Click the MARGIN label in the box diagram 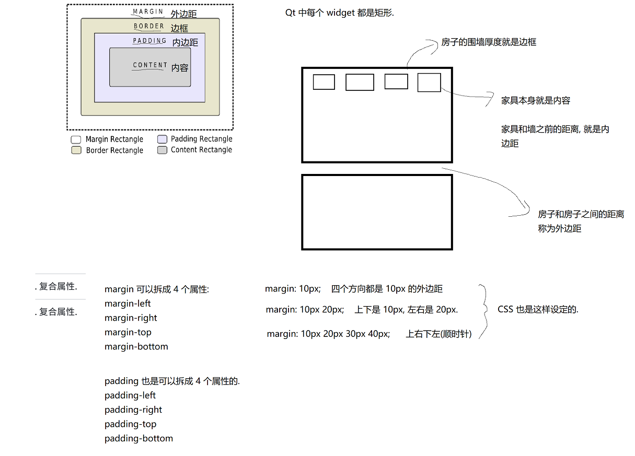[148, 11]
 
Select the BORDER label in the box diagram [149, 26]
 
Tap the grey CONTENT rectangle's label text [150, 65]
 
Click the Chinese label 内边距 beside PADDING [186, 42]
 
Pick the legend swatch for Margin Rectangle [76, 139]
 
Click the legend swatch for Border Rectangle [76, 150]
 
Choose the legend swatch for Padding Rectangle [162, 139]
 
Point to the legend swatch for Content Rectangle [162, 150]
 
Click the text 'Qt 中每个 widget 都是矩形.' [339, 13]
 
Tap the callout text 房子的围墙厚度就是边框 [489, 42]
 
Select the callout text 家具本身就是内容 [536, 101]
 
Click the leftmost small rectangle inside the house [324, 82]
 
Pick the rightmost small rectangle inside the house [429, 83]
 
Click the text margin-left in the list [128, 303]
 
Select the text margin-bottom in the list [136, 346]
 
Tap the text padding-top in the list [131, 424]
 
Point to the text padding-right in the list [133, 410]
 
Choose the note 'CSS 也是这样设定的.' [538, 309]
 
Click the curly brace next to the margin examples [484, 311]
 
